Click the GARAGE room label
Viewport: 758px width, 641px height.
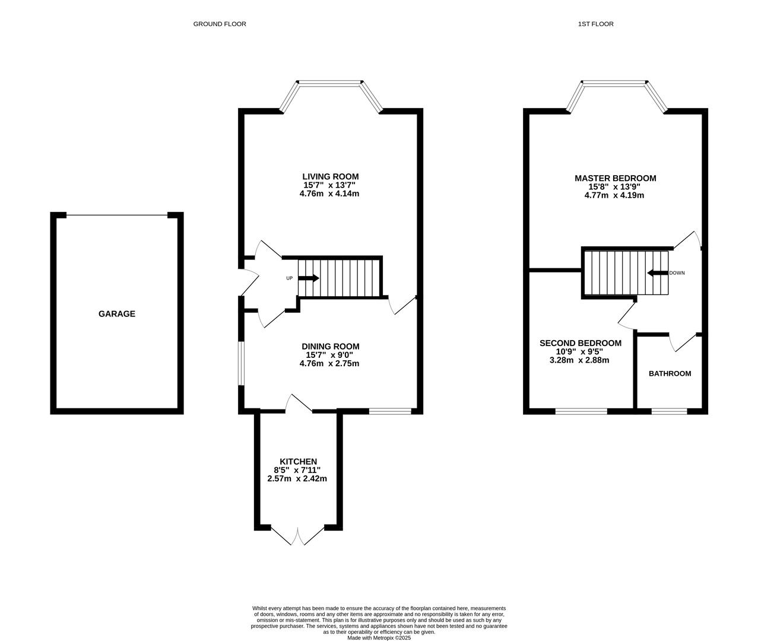click(116, 313)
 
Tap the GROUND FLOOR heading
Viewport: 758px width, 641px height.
click(219, 24)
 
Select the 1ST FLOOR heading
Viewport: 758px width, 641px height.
click(595, 24)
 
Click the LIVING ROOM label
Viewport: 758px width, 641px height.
click(331, 176)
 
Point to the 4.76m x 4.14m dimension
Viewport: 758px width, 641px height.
click(329, 193)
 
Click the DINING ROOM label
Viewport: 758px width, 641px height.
click(331, 346)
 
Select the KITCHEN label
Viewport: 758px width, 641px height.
click(298, 461)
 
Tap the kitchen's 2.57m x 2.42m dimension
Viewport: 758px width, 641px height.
click(297, 478)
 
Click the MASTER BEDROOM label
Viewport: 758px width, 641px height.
click(616, 178)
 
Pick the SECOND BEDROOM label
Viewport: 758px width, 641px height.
click(581, 343)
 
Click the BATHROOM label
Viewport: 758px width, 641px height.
click(670, 373)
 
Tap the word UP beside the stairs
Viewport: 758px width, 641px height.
click(289, 278)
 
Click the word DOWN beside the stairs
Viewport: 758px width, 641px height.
click(677, 273)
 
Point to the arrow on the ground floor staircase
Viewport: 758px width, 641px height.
click(309, 278)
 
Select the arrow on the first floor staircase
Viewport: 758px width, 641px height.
click(658, 273)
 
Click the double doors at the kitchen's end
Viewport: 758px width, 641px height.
click(298, 535)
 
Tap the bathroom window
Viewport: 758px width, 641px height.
click(669, 411)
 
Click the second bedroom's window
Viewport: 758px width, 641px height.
click(581, 411)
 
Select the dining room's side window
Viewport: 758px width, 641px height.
click(241, 364)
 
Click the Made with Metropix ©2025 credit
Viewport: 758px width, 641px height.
click(379, 637)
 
